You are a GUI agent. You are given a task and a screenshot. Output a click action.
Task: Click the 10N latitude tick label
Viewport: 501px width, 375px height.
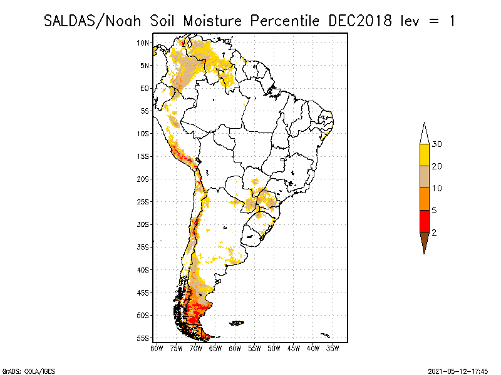(143, 42)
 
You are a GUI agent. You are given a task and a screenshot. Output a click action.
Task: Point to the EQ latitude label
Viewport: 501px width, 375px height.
(145, 88)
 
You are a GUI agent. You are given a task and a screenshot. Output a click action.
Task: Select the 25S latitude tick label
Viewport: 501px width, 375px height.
(143, 201)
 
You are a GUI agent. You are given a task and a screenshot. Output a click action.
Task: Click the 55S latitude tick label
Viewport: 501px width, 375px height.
(143, 337)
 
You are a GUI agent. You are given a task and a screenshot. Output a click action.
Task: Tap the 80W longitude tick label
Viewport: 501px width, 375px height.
(156, 347)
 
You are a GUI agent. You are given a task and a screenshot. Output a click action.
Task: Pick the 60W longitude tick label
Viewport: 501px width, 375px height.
(235, 347)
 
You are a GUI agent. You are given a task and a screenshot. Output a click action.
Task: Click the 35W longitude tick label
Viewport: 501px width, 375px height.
(333, 347)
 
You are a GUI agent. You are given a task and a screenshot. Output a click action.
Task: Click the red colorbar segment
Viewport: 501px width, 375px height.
(424, 221)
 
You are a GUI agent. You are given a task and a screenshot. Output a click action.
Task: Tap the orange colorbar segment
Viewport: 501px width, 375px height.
(424, 199)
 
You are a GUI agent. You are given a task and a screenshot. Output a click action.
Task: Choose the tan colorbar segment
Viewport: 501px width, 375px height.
(424, 177)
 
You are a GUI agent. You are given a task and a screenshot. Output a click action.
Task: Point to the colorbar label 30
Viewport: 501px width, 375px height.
(437, 144)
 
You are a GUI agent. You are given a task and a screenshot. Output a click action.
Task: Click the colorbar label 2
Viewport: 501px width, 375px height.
(435, 232)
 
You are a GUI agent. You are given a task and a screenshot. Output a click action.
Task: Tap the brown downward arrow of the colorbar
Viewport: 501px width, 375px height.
(424, 241)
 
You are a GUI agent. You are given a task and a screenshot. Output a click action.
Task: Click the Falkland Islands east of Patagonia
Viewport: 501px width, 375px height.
(237, 322)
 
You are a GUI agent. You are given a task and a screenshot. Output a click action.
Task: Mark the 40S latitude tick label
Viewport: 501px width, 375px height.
(143, 269)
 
